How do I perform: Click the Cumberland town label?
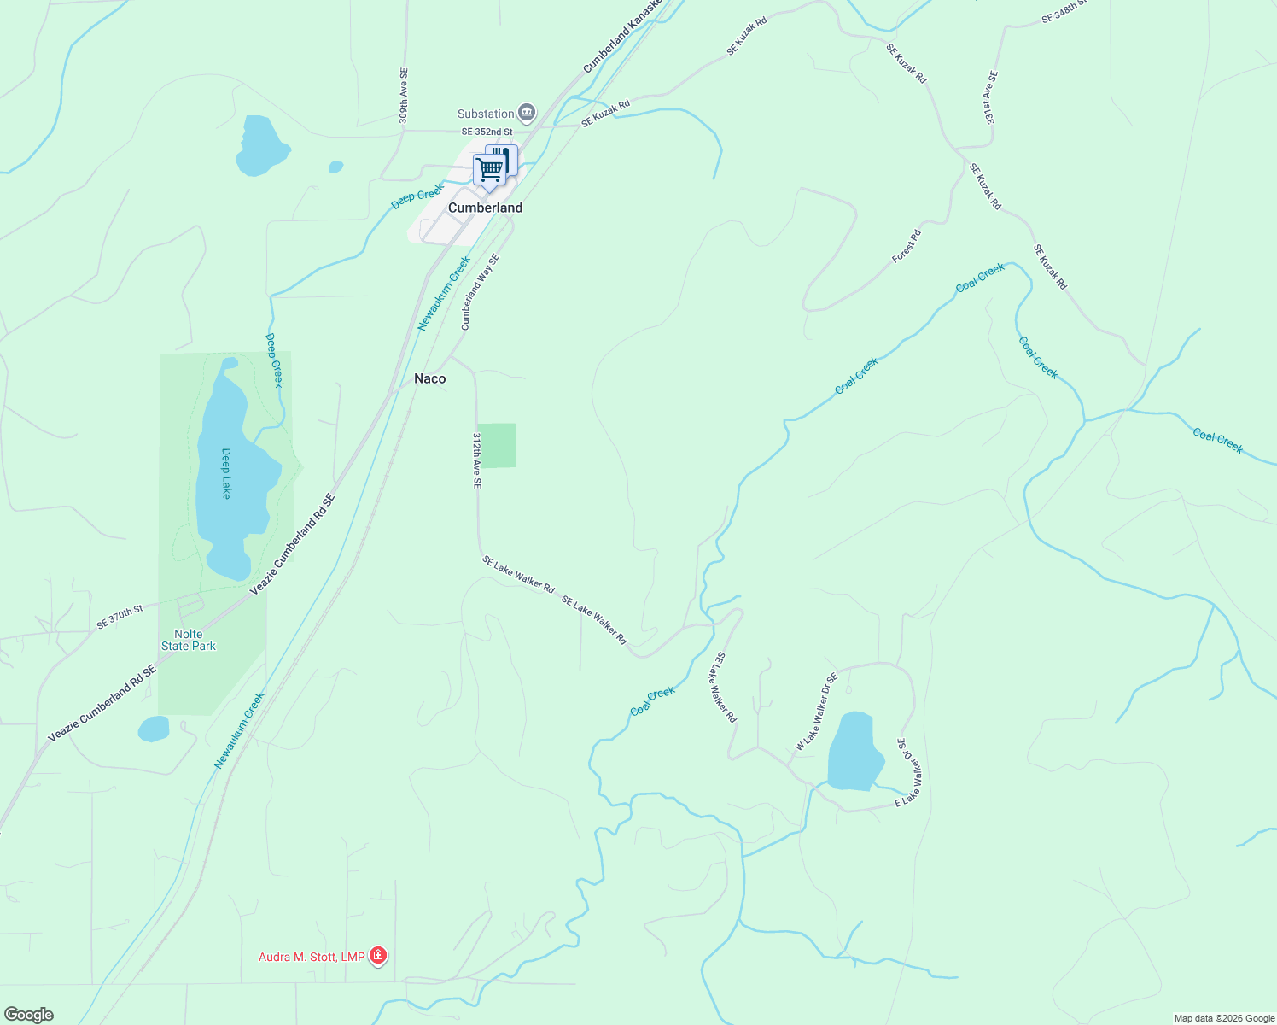point(485,208)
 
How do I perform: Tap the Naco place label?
point(429,378)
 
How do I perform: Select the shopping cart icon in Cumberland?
point(489,169)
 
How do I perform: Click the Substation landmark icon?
point(527,114)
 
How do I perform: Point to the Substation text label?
point(486,114)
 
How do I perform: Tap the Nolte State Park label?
point(189,640)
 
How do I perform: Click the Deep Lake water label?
point(226,473)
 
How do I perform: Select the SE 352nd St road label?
point(487,132)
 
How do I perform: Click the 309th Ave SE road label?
point(404,96)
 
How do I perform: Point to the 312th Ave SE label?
point(477,460)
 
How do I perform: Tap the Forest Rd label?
point(907,246)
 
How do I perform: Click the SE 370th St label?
point(120,617)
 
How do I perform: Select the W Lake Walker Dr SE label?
point(816,712)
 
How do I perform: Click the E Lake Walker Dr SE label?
point(908,774)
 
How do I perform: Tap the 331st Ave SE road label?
point(989,97)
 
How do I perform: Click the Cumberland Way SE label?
point(480,291)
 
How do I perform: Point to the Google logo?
point(28,1015)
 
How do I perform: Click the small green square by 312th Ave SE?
point(496,445)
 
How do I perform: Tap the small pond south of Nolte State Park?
point(154,729)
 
